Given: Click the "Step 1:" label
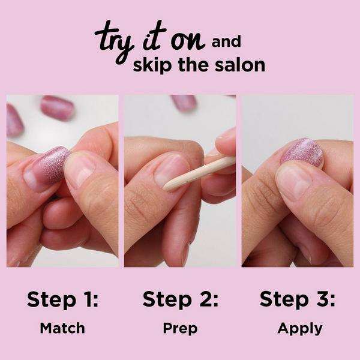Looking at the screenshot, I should pyautogui.click(x=62, y=299).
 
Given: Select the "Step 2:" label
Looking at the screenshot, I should pyautogui.click(x=181, y=299).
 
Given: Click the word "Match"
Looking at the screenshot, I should pyautogui.click(x=62, y=328).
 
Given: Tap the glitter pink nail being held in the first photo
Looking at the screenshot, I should pyautogui.click(x=52, y=165).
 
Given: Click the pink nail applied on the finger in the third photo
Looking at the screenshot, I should pyautogui.click(x=302, y=152).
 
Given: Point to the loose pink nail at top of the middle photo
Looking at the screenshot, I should pyautogui.click(x=184, y=102).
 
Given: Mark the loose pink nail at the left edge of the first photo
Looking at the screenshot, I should pyautogui.click(x=14, y=119).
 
